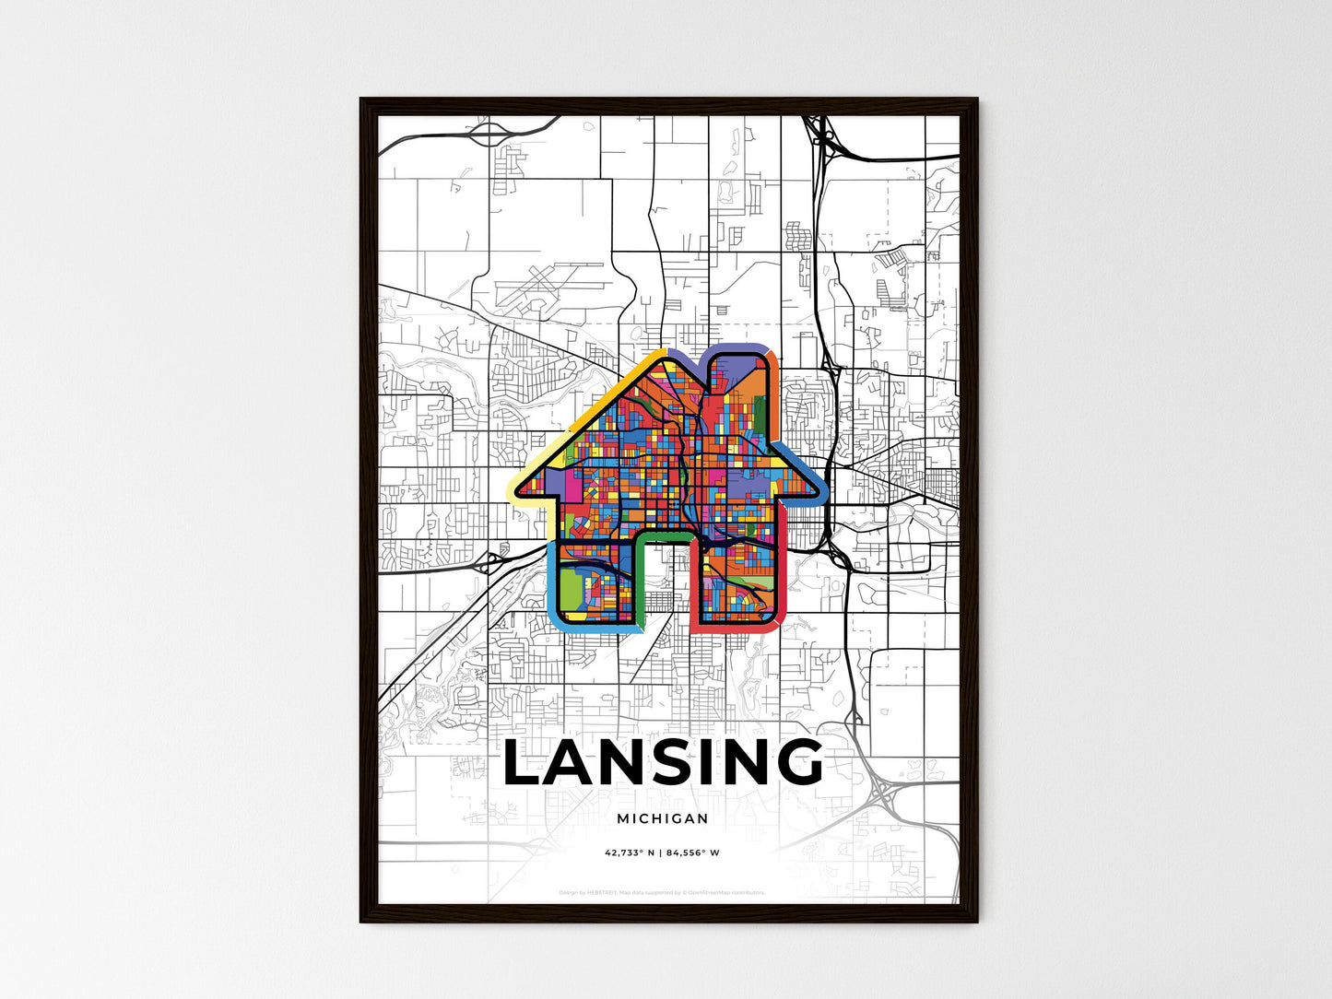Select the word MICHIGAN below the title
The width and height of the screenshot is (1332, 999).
tap(663, 818)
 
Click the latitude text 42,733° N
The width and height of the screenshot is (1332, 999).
tap(630, 852)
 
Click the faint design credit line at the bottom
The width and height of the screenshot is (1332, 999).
tap(662, 892)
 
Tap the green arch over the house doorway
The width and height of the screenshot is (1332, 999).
tap(664, 535)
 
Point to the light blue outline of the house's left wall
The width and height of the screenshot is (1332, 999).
tap(553, 581)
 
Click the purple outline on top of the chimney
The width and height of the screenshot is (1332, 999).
tap(737, 348)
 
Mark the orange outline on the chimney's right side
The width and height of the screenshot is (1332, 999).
tap(774, 396)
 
